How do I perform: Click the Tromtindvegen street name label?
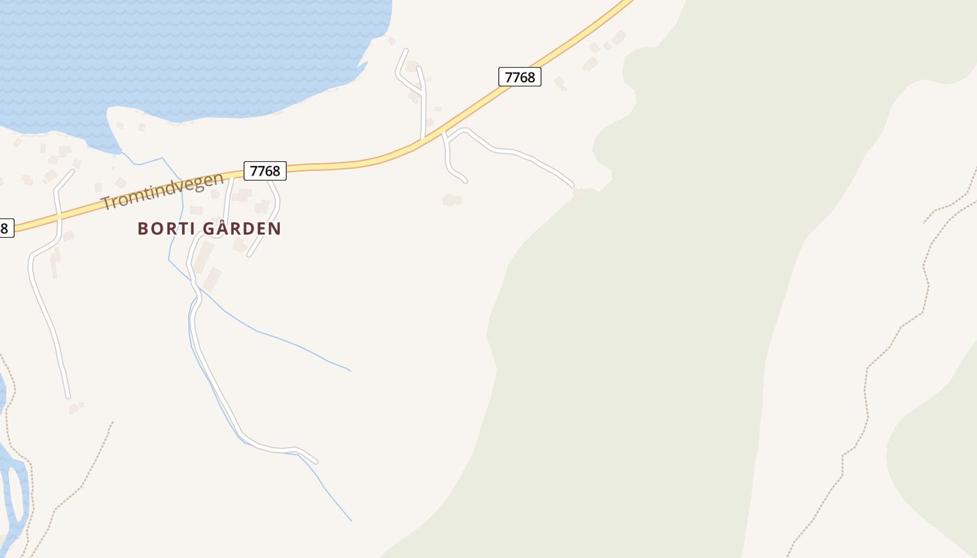163,190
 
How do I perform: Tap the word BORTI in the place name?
163,229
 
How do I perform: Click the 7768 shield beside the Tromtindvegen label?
264,171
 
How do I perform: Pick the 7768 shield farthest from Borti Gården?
520,77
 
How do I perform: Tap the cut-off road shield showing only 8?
4,227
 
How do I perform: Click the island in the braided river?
13,492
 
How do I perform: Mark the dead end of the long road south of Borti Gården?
316,461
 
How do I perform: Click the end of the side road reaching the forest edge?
572,186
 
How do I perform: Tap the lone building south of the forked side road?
452,200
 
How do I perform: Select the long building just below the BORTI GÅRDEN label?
203,257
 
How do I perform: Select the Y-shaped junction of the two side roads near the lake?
422,93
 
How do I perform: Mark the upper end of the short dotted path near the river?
112,423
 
